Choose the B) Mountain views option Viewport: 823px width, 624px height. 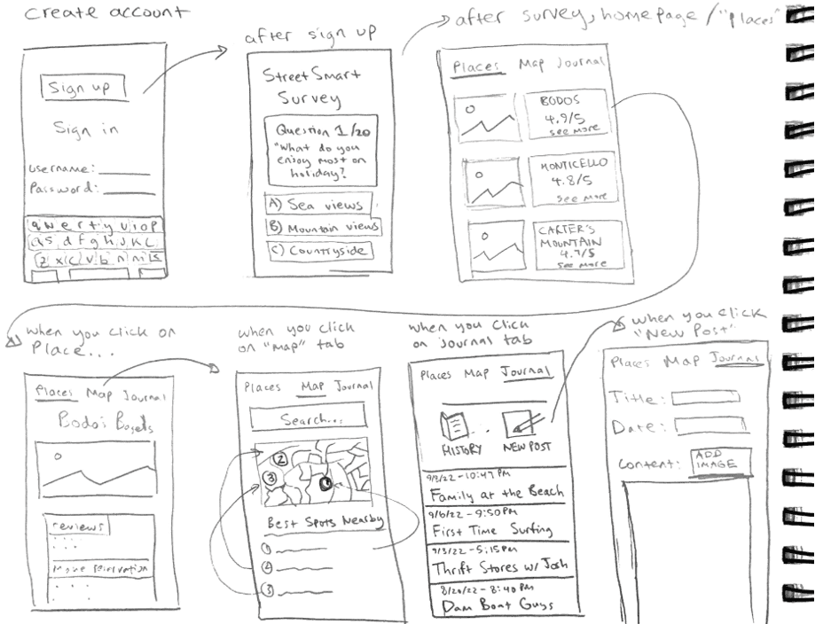point(323,228)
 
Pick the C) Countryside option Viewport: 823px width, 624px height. point(317,251)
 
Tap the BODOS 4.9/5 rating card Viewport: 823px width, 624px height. point(568,114)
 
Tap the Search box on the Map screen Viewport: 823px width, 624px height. point(309,419)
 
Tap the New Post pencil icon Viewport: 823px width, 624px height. point(521,425)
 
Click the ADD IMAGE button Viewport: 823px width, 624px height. point(721,461)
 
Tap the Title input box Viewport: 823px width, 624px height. point(706,398)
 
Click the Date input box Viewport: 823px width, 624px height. point(709,427)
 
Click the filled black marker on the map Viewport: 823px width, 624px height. point(325,483)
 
